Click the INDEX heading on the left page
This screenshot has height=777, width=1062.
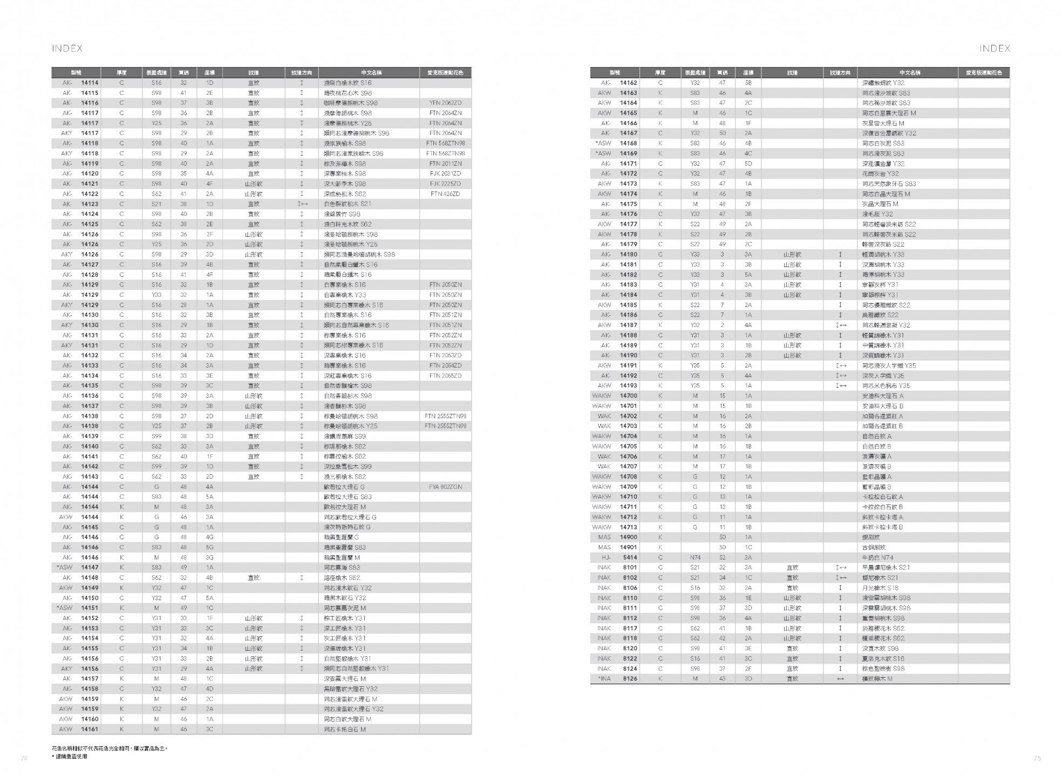(67, 49)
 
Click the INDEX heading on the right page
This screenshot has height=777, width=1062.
(994, 49)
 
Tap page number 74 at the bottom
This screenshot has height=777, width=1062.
(24, 758)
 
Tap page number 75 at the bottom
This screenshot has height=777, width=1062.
(1037, 758)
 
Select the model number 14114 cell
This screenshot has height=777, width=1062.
(90, 83)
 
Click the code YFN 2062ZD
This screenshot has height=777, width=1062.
(445, 103)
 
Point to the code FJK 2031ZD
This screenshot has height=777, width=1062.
(445, 174)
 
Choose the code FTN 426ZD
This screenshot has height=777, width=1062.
(445, 194)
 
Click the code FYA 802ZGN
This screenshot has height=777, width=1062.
(445, 487)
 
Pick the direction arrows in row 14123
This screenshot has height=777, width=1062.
(302, 204)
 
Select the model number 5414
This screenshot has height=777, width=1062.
(629, 557)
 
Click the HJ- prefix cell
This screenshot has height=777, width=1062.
(605, 557)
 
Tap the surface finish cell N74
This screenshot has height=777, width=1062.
(695, 557)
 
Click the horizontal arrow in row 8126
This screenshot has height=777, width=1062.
(840, 679)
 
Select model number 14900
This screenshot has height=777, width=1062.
(628, 537)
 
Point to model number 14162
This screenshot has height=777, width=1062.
(628, 83)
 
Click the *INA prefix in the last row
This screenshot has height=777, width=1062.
(604, 679)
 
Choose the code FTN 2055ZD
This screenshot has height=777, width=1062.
(445, 376)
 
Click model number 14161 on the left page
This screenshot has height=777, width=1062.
(90, 730)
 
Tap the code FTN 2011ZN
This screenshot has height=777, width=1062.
(445, 163)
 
